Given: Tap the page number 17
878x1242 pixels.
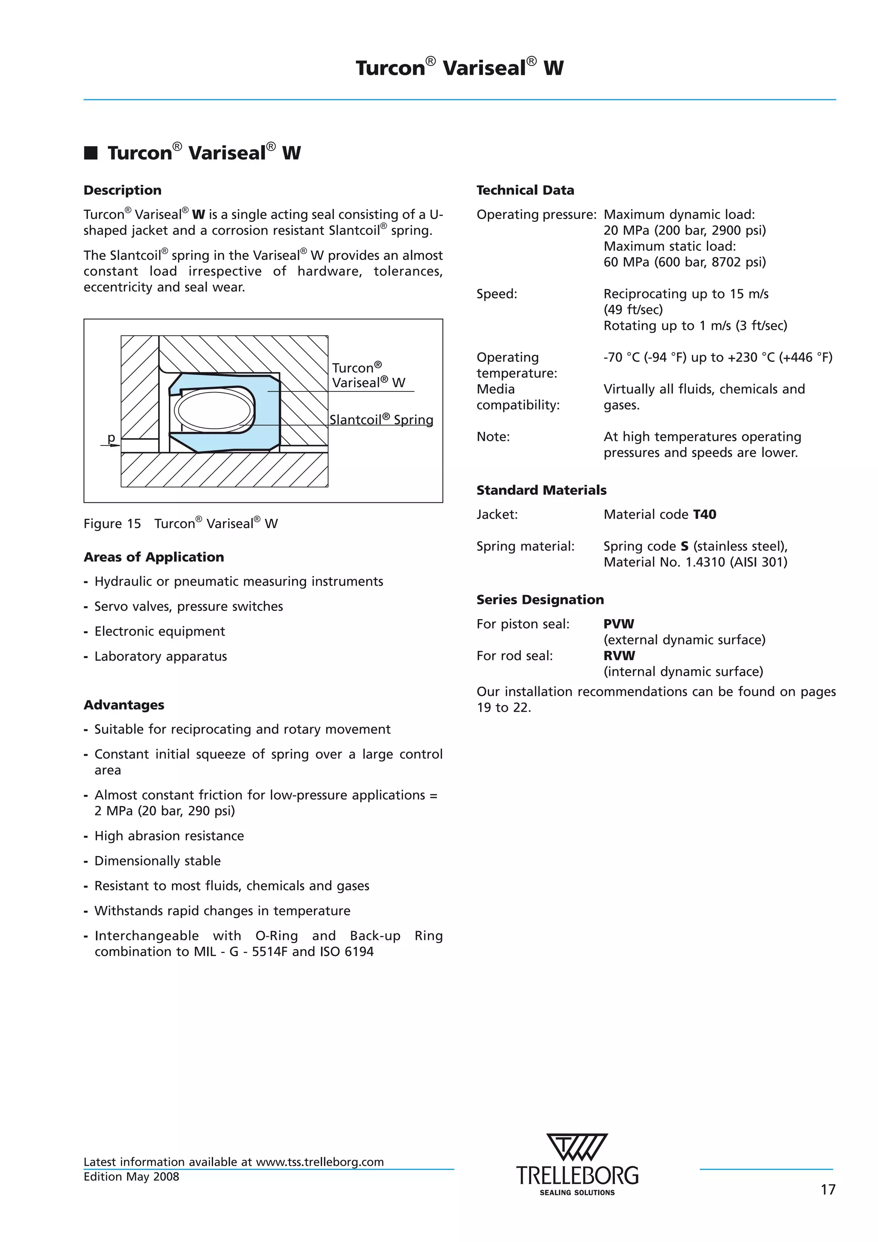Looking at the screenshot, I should [x=828, y=1189].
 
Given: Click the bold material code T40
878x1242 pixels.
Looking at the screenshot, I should [x=704, y=514].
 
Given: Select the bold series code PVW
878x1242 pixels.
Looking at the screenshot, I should [x=618, y=624].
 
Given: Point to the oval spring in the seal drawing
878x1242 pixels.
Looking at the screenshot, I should [x=215, y=410].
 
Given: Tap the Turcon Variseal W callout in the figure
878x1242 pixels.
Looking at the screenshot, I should [x=368, y=376].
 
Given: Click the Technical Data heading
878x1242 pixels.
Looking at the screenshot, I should [x=525, y=190].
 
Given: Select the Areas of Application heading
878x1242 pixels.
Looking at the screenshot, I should [x=153, y=557].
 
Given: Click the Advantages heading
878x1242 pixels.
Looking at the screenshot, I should [x=124, y=705].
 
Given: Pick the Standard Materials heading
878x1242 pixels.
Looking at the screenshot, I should [x=541, y=490].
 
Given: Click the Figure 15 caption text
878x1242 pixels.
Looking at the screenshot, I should [x=180, y=523].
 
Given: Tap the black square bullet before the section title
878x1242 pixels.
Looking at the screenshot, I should [x=90, y=153].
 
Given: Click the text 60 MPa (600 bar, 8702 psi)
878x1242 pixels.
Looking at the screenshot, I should [x=684, y=262].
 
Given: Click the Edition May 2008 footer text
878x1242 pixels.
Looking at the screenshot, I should [x=131, y=1176].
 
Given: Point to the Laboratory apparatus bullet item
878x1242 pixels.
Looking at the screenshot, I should [x=160, y=656].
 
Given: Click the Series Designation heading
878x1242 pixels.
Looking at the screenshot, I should [x=540, y=599].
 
